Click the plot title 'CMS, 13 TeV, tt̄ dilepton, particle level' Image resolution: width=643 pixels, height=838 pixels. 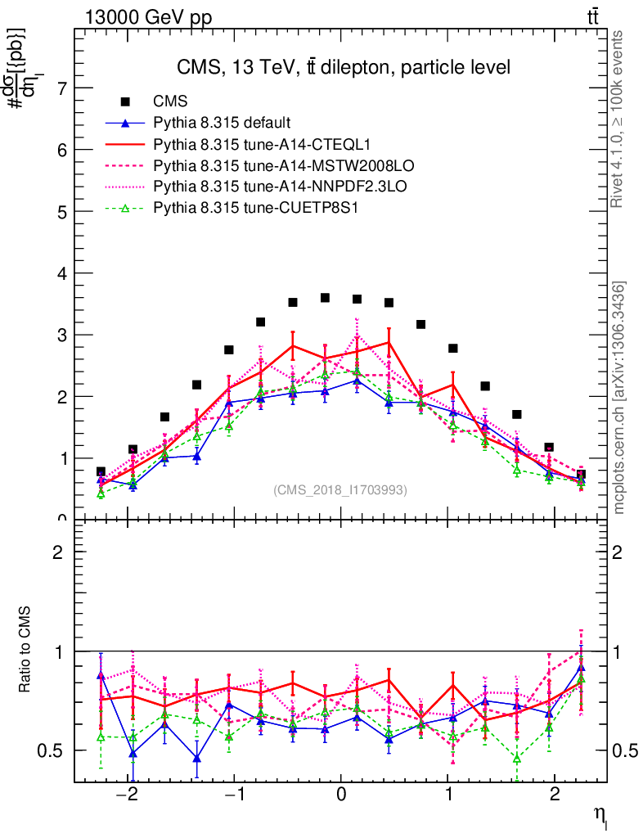point(344,67)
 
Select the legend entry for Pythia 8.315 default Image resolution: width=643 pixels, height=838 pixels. point(222,123)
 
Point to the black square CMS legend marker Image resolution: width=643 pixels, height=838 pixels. point(125,101)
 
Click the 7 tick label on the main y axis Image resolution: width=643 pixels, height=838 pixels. point(60,88)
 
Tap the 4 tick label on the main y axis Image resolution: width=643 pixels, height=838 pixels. point(60,273)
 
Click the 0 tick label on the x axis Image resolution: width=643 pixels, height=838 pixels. point(341,795)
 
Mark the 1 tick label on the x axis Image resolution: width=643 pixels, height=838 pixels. point(448,795)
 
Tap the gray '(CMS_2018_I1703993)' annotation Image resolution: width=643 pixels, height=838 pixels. point(339,489)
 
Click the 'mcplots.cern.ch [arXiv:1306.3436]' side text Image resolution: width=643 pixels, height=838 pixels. point(619,397)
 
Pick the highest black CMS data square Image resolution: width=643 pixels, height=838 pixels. point(325,298)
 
